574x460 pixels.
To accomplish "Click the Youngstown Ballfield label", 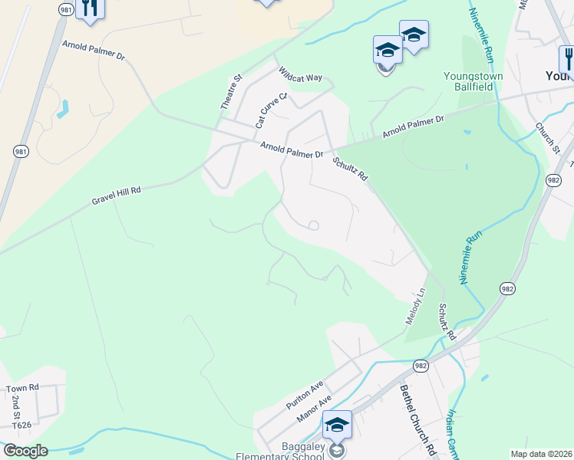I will [468, 81].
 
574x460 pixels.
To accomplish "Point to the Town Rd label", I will [22, 389].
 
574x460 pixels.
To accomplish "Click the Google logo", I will [25, 451].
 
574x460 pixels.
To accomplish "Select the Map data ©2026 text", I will [542, 454].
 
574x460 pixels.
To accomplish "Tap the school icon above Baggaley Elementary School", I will [337, 424].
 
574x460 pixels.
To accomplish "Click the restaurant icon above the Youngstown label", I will [568, 58].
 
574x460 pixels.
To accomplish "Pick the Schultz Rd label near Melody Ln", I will [447, 322].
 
